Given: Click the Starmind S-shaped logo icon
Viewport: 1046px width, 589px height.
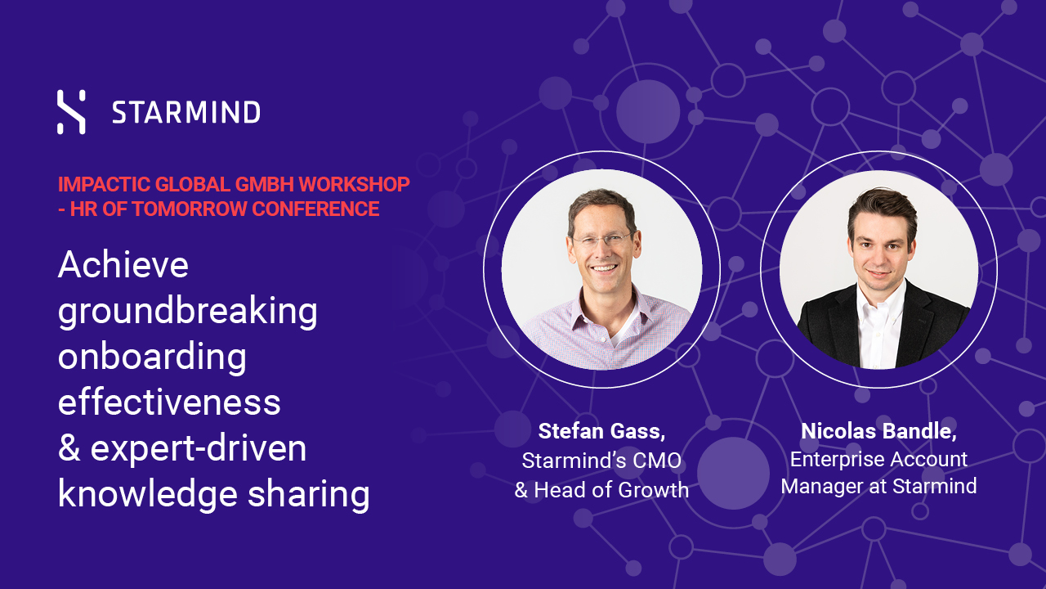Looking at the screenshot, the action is (x=71, y=112).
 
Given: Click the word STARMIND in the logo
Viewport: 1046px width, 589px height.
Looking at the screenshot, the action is (x=186, y=113).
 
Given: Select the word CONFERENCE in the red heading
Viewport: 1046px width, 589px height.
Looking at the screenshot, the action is (x=315, y=209).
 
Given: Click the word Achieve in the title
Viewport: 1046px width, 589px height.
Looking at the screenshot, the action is (x=123, y=264).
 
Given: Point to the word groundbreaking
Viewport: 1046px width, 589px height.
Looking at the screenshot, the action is (x=188, y=312).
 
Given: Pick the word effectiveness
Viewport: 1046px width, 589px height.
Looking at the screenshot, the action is (x=169, y=402).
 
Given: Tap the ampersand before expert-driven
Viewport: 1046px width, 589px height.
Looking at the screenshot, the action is (x=69, y=447).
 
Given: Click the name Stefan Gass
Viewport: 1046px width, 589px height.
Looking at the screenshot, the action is (x=601, y=431).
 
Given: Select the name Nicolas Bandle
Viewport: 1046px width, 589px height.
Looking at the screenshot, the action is (x=878, y=431).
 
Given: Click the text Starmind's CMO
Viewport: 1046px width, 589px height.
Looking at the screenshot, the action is (x=601, y=461).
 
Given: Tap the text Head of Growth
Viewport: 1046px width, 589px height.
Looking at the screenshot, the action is (x=611, y=490).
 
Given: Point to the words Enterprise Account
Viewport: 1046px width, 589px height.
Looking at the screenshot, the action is (x=878, y=460).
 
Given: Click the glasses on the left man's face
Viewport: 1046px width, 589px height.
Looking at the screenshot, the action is (x=603, y=240).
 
